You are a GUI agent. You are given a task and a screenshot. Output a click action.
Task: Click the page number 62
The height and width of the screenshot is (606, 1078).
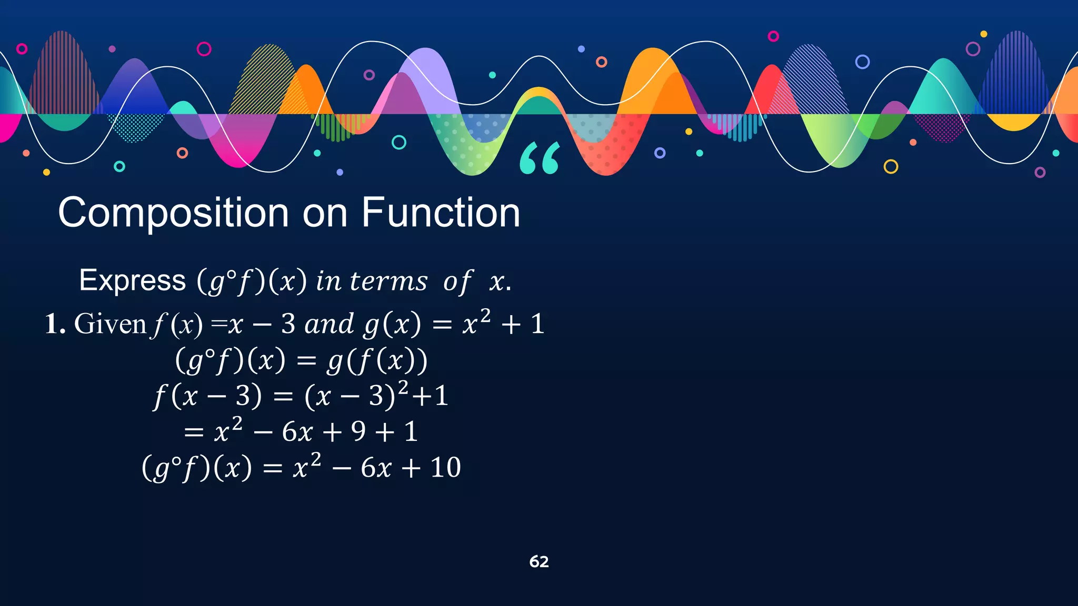tap(539, 562)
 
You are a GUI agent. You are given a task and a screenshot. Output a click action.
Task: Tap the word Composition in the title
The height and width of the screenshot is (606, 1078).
tap(173, 213)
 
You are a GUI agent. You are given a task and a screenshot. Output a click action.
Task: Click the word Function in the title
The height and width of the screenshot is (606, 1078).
tap(441, 213)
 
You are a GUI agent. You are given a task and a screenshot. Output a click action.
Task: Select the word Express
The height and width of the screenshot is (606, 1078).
tap(132, 280)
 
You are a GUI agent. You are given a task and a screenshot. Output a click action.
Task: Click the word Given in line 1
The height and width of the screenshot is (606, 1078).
tap(110, 324)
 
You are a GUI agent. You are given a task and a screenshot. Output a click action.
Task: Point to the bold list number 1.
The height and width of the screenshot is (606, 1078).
tap(55, 324)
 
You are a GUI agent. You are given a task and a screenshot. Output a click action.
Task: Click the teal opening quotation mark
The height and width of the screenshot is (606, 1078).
tap(540, 158)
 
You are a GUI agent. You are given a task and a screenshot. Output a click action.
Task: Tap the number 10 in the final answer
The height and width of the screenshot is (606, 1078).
tap(445, 467)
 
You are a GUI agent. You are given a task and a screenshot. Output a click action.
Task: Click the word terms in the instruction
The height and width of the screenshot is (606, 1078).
tap(388, 281)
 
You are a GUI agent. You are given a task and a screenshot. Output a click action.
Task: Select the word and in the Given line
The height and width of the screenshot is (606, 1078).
tap(329, 324)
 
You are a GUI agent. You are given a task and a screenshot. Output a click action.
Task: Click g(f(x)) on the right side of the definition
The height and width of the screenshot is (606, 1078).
tap(377, 361)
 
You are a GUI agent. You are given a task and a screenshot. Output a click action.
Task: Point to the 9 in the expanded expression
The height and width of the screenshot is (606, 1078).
tap(358, 432)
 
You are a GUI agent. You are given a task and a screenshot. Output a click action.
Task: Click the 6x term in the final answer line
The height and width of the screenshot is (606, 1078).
tap(376, 467)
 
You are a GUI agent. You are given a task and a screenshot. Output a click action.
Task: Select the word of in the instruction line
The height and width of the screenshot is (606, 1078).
tap(457, 282)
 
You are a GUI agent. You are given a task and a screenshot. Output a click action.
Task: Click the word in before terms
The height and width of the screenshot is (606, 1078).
tap(328, 281)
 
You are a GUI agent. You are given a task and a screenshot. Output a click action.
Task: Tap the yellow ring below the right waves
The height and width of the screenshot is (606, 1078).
tap(891, 167)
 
